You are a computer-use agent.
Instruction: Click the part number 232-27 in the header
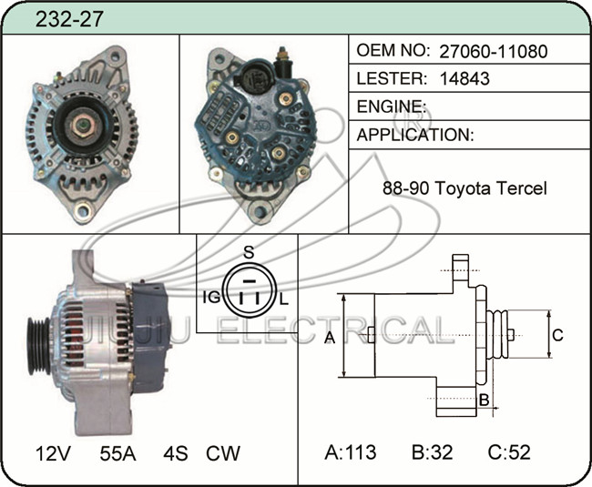pyautogui.click(x=69, y=19)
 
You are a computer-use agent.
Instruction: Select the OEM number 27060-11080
pyautogui.click(x=493, y=51)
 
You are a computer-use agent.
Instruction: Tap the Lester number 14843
pyautogui.click(x=464, y=78)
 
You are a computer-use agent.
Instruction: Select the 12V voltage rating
pyautogui.click(x=53, y=453)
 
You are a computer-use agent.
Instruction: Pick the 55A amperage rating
pyautogui.click(x=117, y=453)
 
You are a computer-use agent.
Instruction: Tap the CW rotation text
pyautogui.click(x=223, y=453)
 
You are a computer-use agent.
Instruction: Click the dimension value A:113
pyautogui.click(x=351, y=451)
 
